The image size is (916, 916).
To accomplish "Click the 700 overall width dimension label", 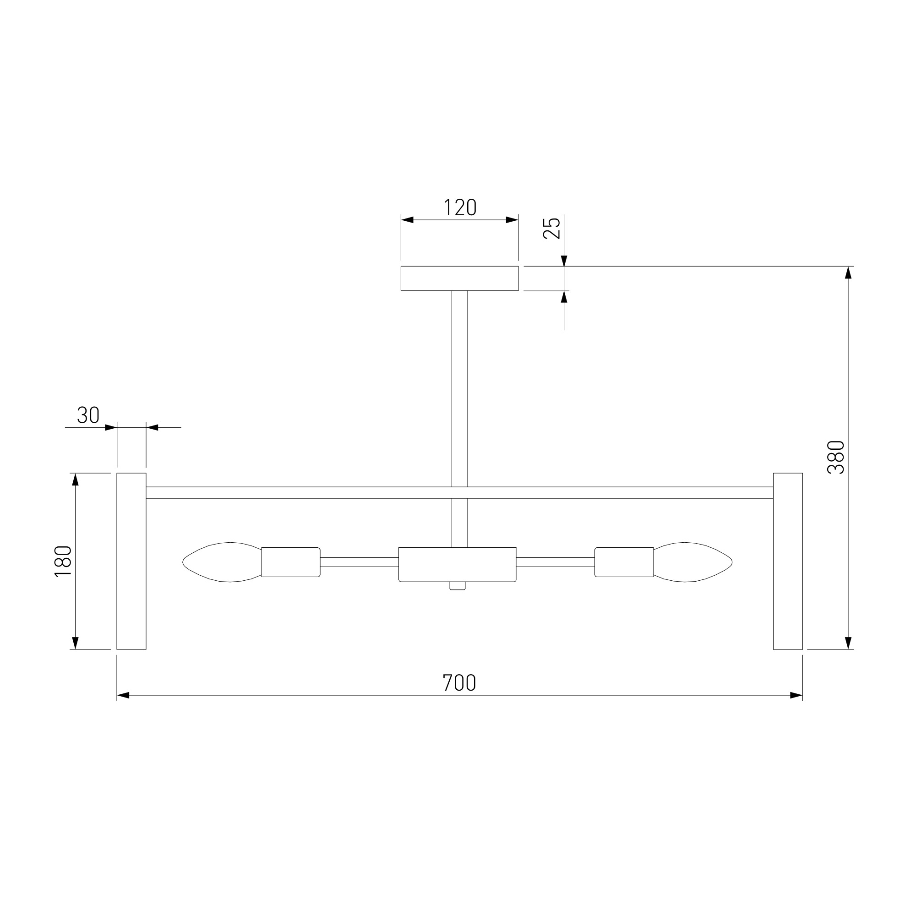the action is [459, 683].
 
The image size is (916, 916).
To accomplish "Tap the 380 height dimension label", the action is [836, 458].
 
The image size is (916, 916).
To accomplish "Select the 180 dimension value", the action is [63, 562].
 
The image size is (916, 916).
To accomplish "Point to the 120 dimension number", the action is [460, 207].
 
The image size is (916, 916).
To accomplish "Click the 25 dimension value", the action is [552, 228].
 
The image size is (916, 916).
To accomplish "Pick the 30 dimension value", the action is [88, 415].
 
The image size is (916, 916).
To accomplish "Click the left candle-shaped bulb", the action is [222, 562].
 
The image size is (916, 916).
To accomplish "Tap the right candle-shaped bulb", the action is [692, 562].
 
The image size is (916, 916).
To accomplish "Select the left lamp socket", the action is [291, 562].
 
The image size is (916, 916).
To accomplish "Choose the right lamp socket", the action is [624, 562].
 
